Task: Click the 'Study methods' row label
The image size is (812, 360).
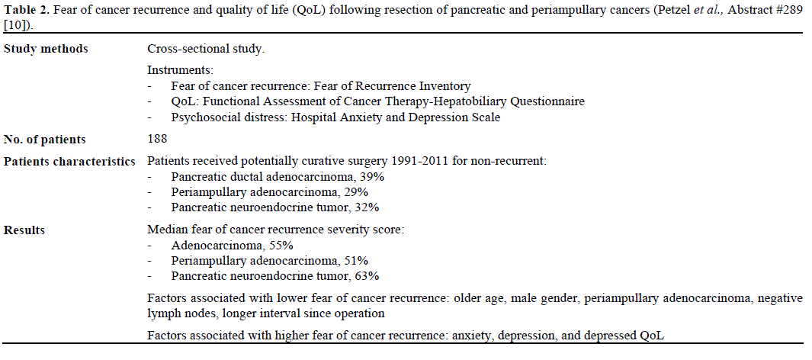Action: [x=46, y=49]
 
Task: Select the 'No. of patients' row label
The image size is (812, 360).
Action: [x=45, y=140]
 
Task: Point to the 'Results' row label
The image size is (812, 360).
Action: [x=24, y=230]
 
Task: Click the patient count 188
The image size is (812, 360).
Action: [x=157, y=140]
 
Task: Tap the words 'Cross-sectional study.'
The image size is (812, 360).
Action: [x=206, y=49]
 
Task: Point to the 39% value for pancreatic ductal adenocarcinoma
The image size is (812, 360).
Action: [x=371, y=177]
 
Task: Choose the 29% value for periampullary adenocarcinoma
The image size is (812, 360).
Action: [x=356, y=192]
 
